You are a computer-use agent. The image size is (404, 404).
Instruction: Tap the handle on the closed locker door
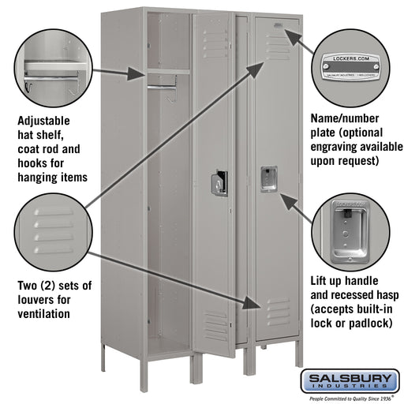(268, 178)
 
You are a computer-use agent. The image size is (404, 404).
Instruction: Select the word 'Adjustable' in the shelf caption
(43, 121)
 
